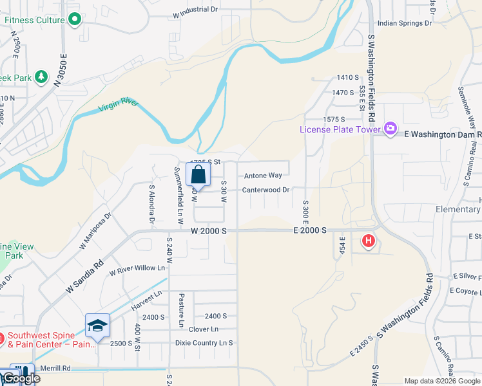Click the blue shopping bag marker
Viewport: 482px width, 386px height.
tap(198, 174)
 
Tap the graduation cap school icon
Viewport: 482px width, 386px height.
tap(97, 326)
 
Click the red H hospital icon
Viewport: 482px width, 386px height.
tap(368, 242)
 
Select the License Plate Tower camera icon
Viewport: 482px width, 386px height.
tap(390, 129)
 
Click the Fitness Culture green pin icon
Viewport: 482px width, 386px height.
tap(75, 20)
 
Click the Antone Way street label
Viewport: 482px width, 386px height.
tap(263, 176)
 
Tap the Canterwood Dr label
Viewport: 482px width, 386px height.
tap(266, 190)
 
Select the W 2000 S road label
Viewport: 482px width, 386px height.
tap(209, 230)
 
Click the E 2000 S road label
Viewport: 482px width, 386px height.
tap(310, 230)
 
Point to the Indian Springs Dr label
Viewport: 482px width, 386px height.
tap(404, 23)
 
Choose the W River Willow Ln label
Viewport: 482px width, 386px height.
tap(137, 269)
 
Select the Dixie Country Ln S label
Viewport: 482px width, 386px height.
tap(204, 343)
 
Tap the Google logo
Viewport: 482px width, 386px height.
tap(21, 378)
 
